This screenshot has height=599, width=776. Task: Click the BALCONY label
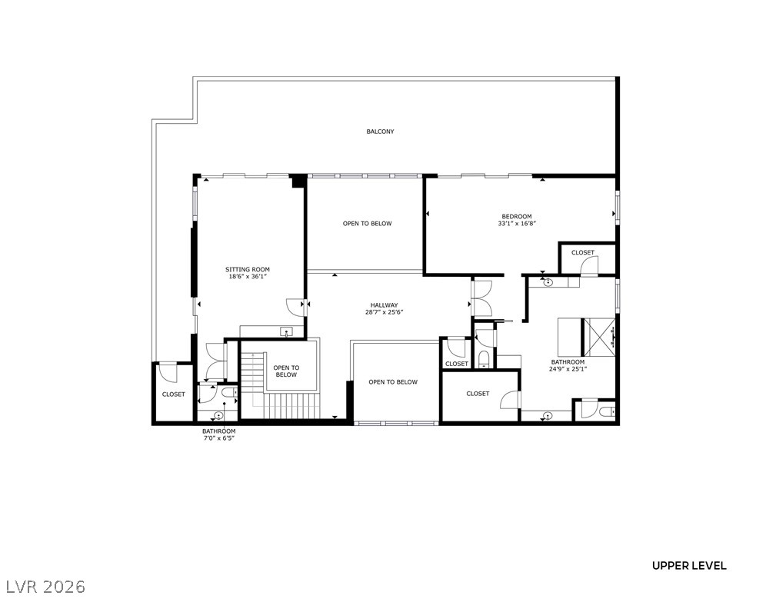pos(380,131)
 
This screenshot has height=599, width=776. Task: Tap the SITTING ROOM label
pos(248,269)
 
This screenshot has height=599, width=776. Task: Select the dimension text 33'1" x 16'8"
pos(517,224)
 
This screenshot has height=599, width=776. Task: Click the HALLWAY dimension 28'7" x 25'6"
pos(385,312)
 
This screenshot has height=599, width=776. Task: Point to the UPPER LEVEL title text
pos(689,566)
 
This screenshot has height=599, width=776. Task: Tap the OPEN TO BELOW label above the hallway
pos(367,224)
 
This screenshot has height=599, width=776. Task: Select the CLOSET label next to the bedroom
pos(582,252)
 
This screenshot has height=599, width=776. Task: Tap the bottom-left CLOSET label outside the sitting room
pos(173,394)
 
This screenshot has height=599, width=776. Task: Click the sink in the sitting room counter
pos(287,332)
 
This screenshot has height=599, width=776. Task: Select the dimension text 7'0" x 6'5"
pos(218,438)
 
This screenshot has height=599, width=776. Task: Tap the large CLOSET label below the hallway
pos(478,394)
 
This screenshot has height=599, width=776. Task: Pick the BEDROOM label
pos(517,216)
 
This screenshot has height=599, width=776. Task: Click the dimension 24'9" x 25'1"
pos(568,369)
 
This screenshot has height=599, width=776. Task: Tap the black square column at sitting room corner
pos(298,181)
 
